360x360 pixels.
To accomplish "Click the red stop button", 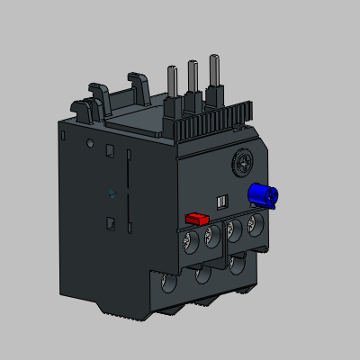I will [196, 218].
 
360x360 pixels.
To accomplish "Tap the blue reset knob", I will [262, 194].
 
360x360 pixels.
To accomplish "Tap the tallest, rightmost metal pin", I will [214, 77].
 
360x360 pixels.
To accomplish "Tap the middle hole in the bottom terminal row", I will [203, 274].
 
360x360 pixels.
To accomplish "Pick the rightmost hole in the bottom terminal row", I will [237, 265].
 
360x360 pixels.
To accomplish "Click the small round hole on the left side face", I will [90, 143].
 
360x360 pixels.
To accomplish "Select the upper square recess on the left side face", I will [110, 152].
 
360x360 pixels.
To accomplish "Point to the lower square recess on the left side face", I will [110, 223].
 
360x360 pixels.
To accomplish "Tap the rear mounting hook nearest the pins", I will [137, 90].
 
